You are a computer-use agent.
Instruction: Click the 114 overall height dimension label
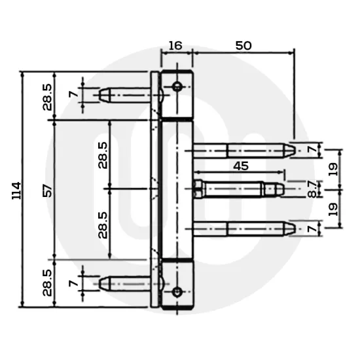point(17,190)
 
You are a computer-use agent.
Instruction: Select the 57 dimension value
point(47,190)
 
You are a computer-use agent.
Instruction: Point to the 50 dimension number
point(243,46)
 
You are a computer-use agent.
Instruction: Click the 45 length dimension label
point(240,166)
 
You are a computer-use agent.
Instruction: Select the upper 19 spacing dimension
point(332,169)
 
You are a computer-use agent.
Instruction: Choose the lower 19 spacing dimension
point(332,209)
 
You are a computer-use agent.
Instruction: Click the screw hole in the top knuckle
point(177,86)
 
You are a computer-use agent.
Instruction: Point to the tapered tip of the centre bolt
point(279,189)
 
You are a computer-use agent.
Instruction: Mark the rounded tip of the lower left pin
point(103,284)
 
